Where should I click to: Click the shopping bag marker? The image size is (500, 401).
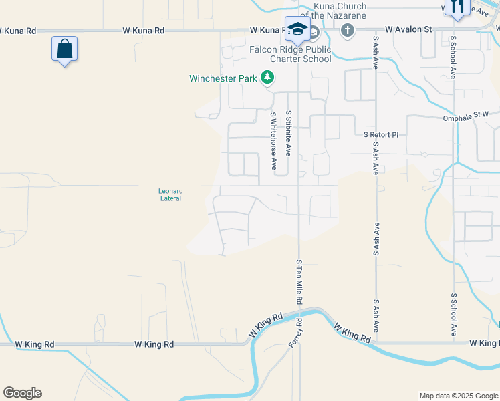(64, 49)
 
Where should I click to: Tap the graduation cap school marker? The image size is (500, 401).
(296, 29)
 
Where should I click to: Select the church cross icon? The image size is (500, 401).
(347, 30)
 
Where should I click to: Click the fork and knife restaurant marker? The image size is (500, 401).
(457, 7)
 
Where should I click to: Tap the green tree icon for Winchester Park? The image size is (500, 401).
(267, 78)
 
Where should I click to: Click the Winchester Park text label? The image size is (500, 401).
(223, 78)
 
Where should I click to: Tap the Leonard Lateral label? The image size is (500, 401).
(171, 195)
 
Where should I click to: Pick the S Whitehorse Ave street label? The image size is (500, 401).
(273, 140)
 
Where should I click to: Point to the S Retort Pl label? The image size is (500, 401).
(380, 134)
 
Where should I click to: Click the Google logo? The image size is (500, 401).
(22, 393)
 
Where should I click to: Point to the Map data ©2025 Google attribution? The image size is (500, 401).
(458, 396)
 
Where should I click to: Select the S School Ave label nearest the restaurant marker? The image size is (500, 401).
(453, 57)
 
